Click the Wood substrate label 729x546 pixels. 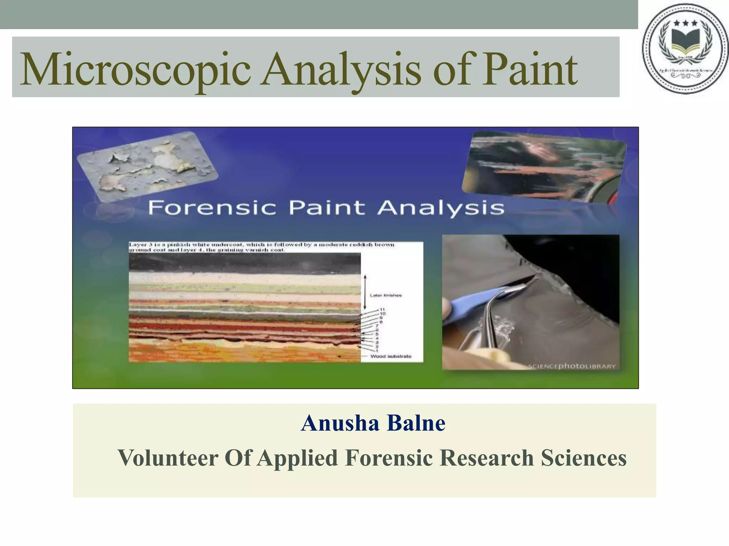point(390,356)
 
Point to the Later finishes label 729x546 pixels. point(386,295)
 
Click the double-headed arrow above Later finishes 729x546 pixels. point(365,292)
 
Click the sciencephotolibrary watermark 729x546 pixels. point(572,366)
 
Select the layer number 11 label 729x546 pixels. point(382,310)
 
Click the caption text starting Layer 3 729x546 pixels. point(262,247)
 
